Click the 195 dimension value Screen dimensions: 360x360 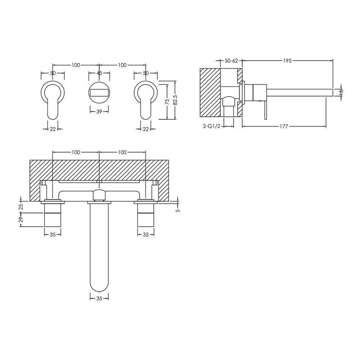coord(287,61)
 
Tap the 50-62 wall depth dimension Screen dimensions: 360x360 coord(232,61)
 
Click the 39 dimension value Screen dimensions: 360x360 coord(99,111)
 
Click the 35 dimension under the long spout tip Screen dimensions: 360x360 coord(99,297)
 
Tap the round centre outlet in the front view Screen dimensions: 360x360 coord(99,94)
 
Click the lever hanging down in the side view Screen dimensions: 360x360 coord(266,109)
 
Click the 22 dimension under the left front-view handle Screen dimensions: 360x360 coord(52,129)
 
